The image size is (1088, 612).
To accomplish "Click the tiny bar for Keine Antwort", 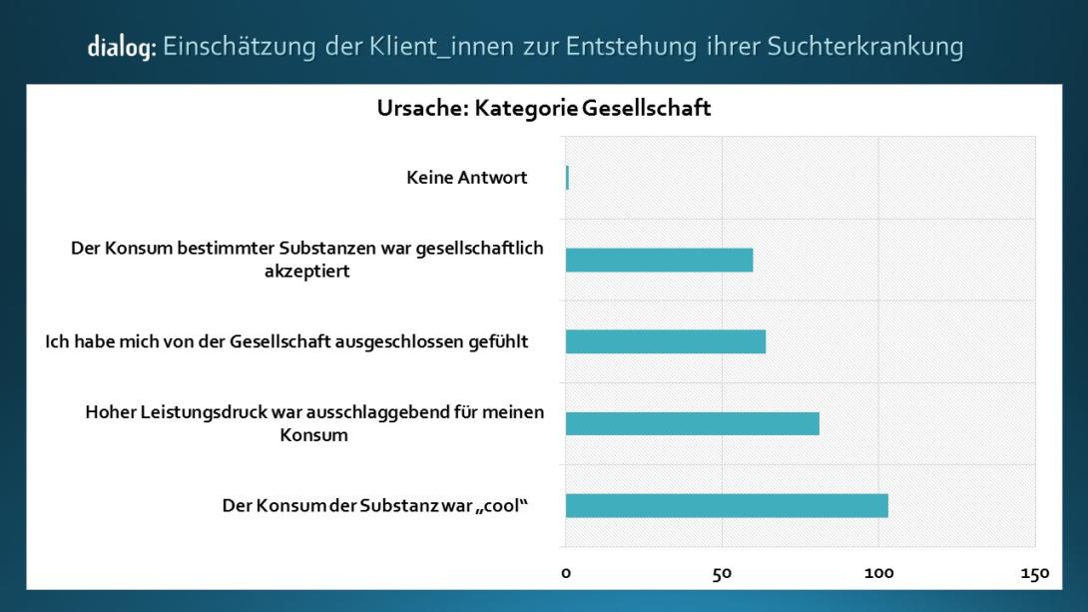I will [567, 178].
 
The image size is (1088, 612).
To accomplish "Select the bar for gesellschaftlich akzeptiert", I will [659, 260].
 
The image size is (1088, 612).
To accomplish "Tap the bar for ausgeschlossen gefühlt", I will [665, 341].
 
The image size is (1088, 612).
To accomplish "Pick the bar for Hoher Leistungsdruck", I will [692, 423].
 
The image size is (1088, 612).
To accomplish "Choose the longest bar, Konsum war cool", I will [727, 505].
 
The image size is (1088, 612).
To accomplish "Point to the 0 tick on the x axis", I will [566, 574].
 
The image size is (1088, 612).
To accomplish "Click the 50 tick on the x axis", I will [722, 574].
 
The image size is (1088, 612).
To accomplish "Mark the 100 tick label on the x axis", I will [878, 574].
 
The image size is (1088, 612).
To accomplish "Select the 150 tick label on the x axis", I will [1034, 574].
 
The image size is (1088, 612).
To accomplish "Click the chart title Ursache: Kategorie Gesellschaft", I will [544, 109].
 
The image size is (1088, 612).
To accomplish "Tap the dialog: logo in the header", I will [121, 47].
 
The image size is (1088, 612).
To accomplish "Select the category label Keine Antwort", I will [467, 178].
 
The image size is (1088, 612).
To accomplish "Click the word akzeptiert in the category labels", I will [307, 272].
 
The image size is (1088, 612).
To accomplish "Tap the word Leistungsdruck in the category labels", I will [203, 412].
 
